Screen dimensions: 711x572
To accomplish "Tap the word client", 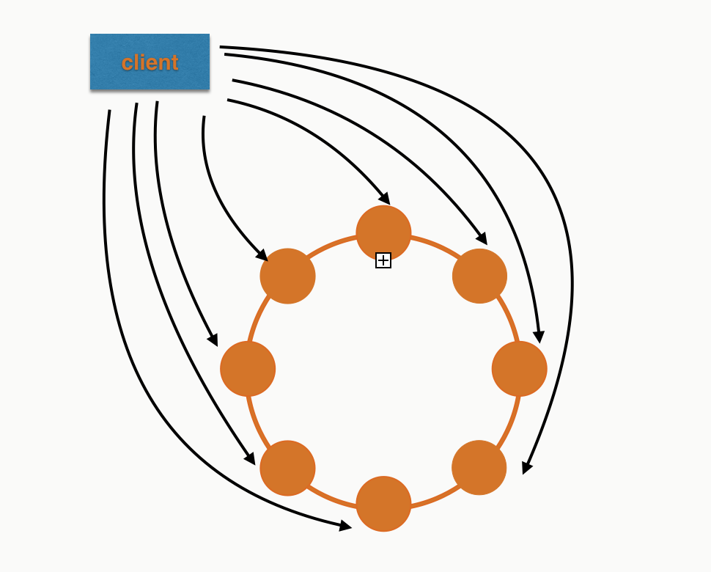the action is (x=150, y=63).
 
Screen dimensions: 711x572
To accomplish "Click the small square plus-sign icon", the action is (x=383, y=260).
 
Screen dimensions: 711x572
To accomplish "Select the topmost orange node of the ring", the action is (x=383, y=232).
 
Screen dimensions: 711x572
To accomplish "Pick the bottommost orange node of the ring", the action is (x=383, y=504).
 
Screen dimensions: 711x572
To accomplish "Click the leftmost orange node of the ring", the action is (x=248, y=368).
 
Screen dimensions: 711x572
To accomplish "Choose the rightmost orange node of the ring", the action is (x=519, y=368).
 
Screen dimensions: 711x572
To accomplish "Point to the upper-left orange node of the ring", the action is (x=287, y=276).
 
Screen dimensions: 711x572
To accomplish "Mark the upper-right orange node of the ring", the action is (x=479, y=276).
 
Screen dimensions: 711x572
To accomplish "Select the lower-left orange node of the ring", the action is (x=287, y=468).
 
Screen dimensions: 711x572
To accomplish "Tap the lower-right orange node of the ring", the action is (x=479, y=468).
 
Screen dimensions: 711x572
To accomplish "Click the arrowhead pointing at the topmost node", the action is (x=385, y=199).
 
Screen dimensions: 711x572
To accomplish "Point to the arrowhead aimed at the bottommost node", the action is (x=346, y=525).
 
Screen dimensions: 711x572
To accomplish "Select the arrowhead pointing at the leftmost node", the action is (x=213, y=340).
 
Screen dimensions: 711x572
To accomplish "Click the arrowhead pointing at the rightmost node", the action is (x=539, y=337).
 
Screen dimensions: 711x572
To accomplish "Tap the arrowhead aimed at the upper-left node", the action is (x=262, y=254).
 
